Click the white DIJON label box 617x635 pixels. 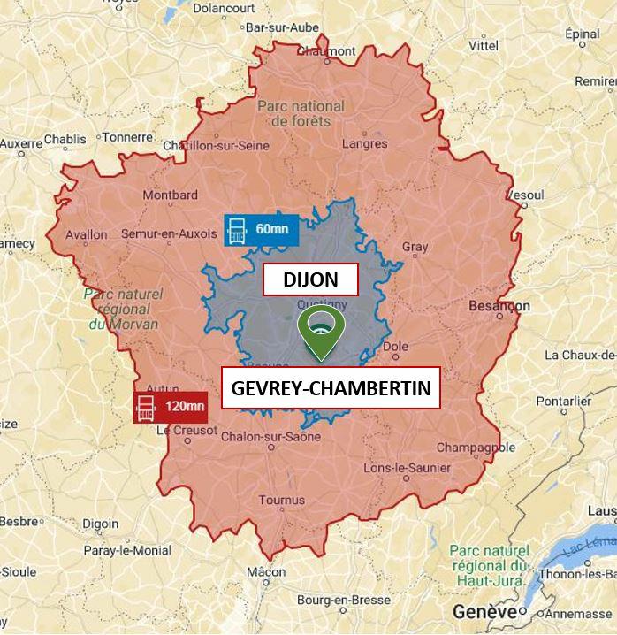click(309, 280)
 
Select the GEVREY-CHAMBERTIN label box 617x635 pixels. click(330, 389)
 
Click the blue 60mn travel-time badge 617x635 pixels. click(262, 230)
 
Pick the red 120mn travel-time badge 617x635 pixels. click(169, 407)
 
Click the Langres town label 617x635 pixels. click(364, 143)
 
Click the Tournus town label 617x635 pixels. click(282, 501)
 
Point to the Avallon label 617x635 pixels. click(87, 235)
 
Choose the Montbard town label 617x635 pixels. click(164, 195)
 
